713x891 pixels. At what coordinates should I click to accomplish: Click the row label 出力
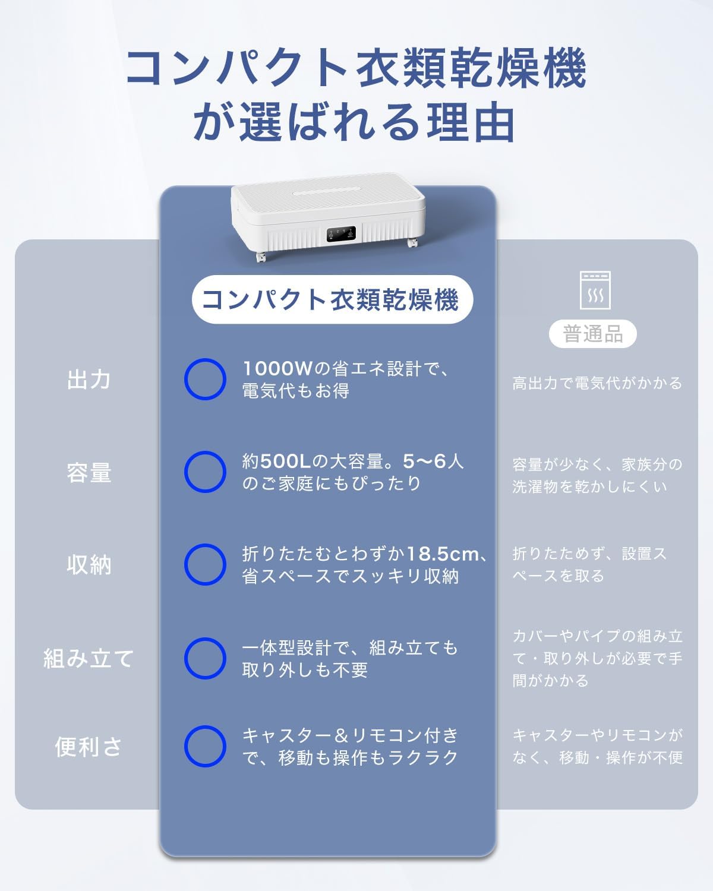89,380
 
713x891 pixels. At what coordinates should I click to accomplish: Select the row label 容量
89,473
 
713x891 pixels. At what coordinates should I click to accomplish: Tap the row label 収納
89,564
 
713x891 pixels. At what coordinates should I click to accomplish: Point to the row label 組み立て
89,658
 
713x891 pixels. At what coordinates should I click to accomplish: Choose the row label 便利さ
89,747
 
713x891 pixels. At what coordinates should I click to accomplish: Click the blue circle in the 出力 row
205,379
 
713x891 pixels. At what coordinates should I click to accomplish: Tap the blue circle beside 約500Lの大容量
205,472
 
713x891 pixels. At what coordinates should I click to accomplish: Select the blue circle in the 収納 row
205,564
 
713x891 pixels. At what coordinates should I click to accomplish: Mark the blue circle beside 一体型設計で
205,658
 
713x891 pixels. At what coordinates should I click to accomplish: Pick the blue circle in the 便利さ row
205,746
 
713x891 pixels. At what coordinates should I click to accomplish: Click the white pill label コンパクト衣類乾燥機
331,299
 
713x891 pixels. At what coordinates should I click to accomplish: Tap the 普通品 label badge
592,334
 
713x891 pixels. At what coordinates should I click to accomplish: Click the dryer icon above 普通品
595,290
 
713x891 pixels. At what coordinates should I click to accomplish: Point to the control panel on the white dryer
340,235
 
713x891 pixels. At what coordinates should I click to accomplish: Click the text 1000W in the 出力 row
277,369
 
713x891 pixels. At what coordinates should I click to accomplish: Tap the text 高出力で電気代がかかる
597,383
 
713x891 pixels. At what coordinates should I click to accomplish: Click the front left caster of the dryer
260,257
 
